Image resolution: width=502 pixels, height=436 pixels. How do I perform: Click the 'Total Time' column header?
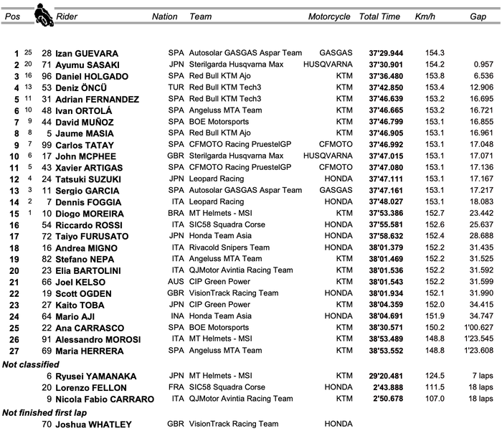click(379, 16)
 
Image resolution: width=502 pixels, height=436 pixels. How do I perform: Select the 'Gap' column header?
click(478, 16)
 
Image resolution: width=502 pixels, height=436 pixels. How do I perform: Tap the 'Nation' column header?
click(165, 16)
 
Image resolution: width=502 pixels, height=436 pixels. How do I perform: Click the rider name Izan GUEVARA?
click(87, 54)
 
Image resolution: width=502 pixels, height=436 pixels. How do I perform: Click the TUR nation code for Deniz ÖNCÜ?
click(176, 88)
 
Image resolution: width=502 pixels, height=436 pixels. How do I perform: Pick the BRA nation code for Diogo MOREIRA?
click(176, 214)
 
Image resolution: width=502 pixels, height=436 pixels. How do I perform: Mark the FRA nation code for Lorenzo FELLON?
click(176, 387)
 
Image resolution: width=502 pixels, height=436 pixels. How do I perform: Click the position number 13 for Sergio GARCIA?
click(16, 191)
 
